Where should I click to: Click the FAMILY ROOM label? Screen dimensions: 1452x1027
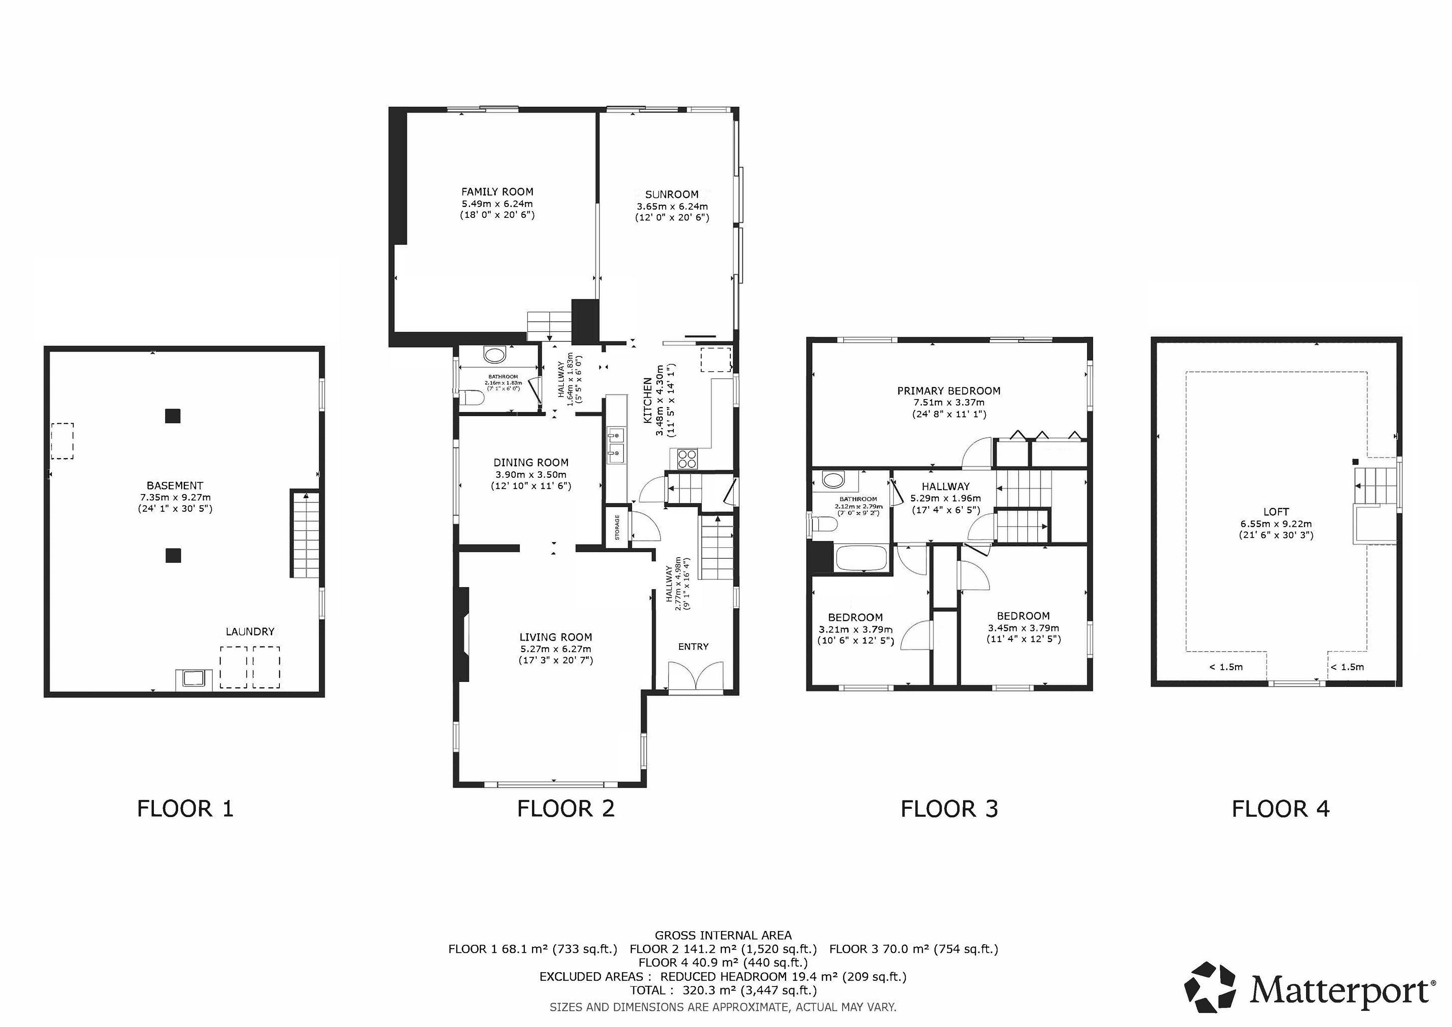coord(497,192)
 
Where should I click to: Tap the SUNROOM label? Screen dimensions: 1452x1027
coord(672,194)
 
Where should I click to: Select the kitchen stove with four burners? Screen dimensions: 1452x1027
coord(687,458)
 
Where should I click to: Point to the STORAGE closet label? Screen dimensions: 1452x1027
coord(617,527)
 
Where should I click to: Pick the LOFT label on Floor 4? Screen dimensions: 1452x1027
coord(1275,511)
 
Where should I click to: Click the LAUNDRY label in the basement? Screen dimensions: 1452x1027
coord(250,631)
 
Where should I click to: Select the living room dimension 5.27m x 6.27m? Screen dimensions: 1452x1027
coord(555,649)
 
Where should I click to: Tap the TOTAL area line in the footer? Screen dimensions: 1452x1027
coord(723,990)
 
